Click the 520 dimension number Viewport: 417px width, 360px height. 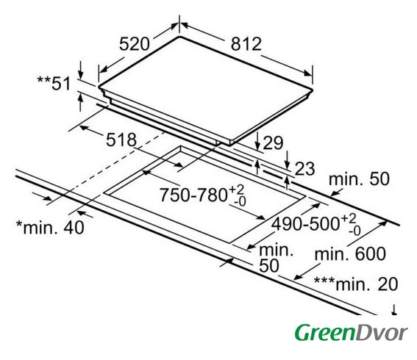tap(135, 44)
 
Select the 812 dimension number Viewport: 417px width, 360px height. tap(246, 44)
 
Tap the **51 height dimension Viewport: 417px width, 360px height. tap(54, 84)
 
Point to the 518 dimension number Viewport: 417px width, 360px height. tap(121, 140)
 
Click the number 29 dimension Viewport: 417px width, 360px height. tap(273, 143)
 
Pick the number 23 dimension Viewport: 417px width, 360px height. tap(304, 169)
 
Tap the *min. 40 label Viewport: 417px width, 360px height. tap(50, 227)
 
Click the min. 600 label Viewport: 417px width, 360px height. tap(350, 253)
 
